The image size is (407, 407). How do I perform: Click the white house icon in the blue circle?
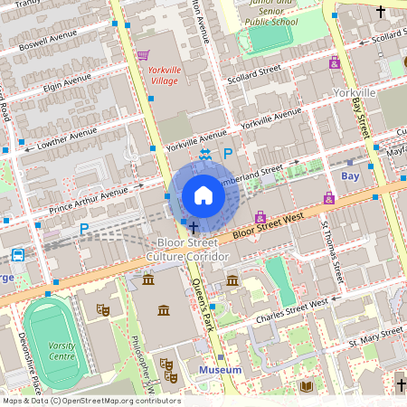tap(203, 195)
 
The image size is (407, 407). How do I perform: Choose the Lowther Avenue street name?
tap(67, 137)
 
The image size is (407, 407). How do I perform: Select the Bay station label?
tap(350, 175)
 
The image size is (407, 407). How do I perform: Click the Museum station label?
tap(220, 370)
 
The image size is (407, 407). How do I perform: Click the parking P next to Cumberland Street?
tap(228, 155)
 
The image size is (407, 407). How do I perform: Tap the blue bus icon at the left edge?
tap(17, 254)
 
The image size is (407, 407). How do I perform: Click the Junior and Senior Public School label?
tap(270, 14)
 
